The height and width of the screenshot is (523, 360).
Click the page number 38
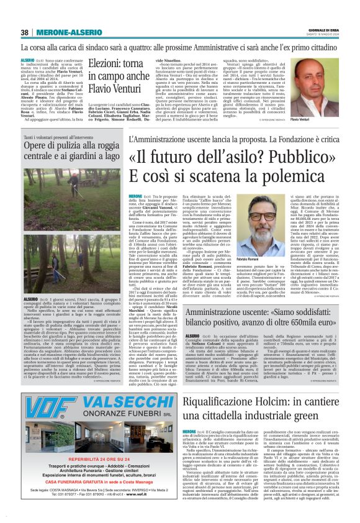(x=24, y=32)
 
